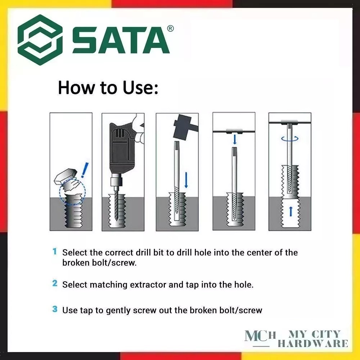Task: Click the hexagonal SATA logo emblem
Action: tap(40, 40)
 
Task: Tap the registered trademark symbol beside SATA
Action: tap(170, 28)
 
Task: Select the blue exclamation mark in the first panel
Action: tap(85, 170)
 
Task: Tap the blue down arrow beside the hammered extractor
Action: tap(186, 180)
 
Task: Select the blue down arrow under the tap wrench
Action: tap(234, 139)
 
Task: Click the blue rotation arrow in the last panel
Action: tap(290, 139)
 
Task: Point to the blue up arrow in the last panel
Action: tap(291, 211)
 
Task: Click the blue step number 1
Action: tap(55, 251)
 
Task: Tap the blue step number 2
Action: tap(55, 283)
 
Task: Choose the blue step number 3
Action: tap(55, 309)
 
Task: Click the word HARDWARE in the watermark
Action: tap(313, 343)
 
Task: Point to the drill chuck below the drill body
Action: tap(115, 181)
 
